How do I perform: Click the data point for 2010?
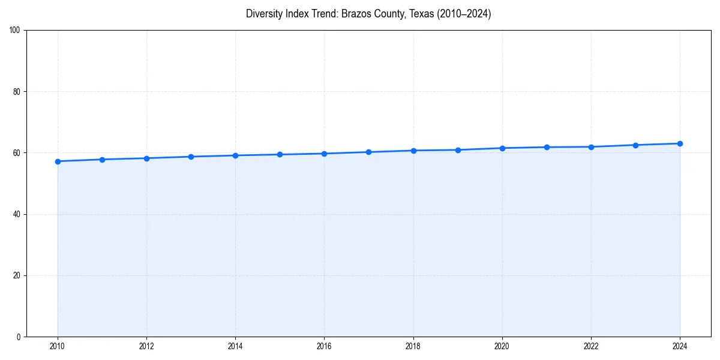pos(58,161)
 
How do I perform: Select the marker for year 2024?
pos(680,143)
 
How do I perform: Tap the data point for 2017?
pos(368,152)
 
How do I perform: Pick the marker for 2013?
pos(191,157)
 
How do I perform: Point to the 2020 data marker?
pos(502,148)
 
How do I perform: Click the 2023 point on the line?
pos(635,145)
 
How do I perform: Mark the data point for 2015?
pos(280,154)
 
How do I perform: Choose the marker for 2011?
pos(102,160)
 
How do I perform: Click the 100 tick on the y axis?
pos(16,31)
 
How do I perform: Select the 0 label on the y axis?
pos(19,337)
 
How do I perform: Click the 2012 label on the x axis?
pos(146,346)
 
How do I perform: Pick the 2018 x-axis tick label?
pos(413,346)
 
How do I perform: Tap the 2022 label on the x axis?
pos(591,346)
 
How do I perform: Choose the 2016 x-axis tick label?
pos(324,346)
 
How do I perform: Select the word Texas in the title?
pos(421,14)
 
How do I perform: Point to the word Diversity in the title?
pos(265,14)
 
